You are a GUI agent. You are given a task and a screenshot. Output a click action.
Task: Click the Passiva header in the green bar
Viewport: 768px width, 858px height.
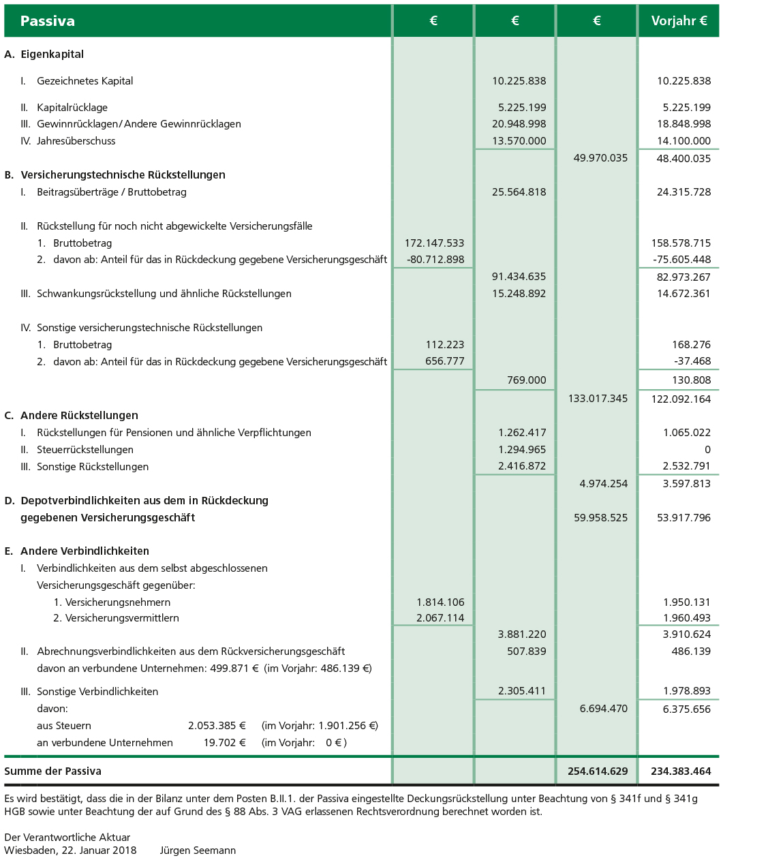47,21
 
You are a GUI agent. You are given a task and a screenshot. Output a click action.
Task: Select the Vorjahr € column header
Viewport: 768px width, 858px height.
679,21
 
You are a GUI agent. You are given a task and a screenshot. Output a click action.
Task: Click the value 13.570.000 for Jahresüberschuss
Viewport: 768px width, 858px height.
519,141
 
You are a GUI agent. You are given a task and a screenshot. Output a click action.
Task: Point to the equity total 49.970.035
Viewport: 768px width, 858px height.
600,158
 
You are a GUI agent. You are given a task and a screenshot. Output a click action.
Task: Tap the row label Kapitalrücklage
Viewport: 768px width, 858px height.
72,108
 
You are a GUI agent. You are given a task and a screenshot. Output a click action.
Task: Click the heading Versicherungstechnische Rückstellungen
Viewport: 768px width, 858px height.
123,175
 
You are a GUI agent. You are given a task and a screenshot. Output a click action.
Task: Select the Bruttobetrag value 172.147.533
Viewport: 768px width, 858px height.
434,243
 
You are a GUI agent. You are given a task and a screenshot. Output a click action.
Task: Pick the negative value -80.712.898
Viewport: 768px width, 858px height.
435,260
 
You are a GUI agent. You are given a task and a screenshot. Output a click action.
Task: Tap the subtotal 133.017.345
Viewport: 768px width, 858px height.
598,399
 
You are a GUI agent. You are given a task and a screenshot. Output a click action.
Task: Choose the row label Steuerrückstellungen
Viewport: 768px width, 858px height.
85,450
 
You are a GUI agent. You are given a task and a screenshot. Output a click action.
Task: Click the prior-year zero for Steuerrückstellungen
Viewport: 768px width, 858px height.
707,450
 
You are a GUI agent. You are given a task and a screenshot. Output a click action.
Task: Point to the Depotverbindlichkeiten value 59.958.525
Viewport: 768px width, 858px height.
600,518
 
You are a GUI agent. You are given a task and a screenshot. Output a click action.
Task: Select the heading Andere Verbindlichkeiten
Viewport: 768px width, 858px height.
85,551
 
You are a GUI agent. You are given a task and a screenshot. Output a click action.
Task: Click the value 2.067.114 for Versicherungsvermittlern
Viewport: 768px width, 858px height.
440,618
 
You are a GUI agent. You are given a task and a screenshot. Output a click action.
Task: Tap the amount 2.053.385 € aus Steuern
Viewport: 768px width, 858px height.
217,726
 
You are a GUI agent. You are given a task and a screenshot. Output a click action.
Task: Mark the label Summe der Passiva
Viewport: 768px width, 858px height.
52,771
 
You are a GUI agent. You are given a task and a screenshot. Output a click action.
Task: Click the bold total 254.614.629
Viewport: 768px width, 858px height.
598,771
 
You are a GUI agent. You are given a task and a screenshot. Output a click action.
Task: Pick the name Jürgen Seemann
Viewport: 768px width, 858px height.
198,851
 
